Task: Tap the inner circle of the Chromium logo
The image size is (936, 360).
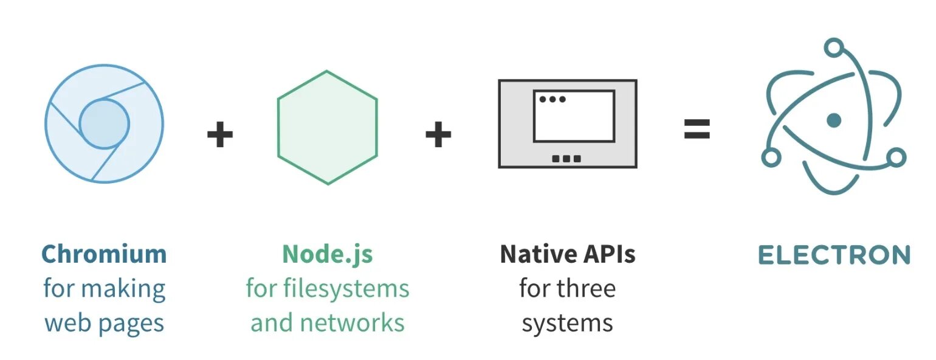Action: (x=104, y=124)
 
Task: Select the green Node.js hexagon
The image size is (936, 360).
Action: (x=327, y=127)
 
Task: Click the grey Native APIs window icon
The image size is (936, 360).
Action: (x=567, y=123)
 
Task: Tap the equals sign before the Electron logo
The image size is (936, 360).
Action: (x=697, y=129)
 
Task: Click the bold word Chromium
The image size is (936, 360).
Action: (x=104, y=254)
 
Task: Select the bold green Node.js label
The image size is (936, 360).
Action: (x=327, y=254)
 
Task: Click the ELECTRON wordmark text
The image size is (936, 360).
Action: (x=834, y=255)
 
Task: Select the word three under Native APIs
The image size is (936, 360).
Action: (x=585, y=288)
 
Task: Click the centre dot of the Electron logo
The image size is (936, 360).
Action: (x=834, y=120)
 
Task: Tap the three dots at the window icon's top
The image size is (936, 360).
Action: (x=552, y=99)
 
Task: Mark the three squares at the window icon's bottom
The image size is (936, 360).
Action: (x=566, y=159)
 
